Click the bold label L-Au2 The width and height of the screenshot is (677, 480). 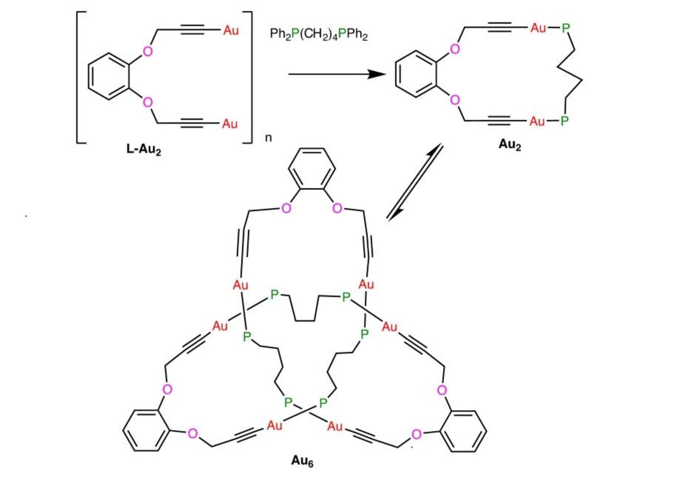(x=144, y=149)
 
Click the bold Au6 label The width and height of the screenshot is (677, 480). (x=302, y=461)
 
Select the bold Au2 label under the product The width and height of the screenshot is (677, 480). (x=509, y=144)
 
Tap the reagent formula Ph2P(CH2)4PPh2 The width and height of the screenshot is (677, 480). (x=318, y=34)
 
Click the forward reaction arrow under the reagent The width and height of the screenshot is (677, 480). (x=337, y=74)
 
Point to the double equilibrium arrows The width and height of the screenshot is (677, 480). (x=415, y=182)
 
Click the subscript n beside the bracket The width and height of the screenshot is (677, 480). (x=268, y=138)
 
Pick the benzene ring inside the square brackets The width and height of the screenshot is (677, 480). (x=109, y=76)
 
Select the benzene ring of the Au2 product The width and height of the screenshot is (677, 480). (x=416, y=74)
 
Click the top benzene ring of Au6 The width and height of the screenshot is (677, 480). (x=312, y=169)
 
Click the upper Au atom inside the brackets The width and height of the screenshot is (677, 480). (x=231, y=31)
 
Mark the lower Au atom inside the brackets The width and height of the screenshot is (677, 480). (x=230, y=124)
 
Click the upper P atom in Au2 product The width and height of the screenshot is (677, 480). (x=566, y=28)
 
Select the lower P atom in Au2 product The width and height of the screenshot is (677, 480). (x=564, y=121)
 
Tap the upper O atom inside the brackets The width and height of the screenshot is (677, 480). (x=148, y=52)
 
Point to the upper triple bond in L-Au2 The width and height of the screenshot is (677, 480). (x=192, y=30)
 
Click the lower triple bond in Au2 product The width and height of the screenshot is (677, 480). (x=499, y=121)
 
